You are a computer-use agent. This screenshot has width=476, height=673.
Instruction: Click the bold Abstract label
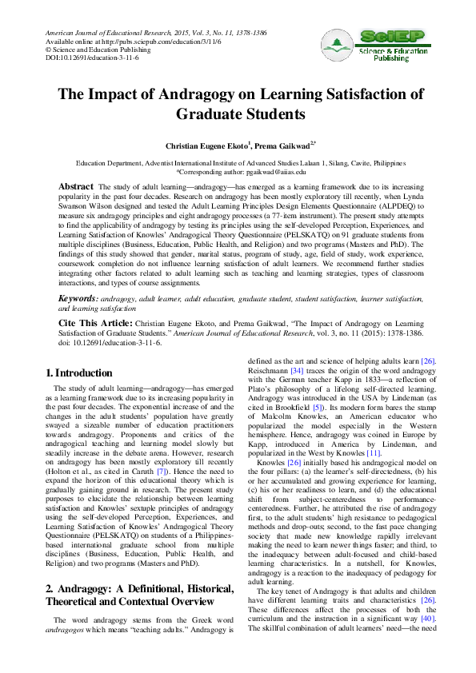pos(76,185)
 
